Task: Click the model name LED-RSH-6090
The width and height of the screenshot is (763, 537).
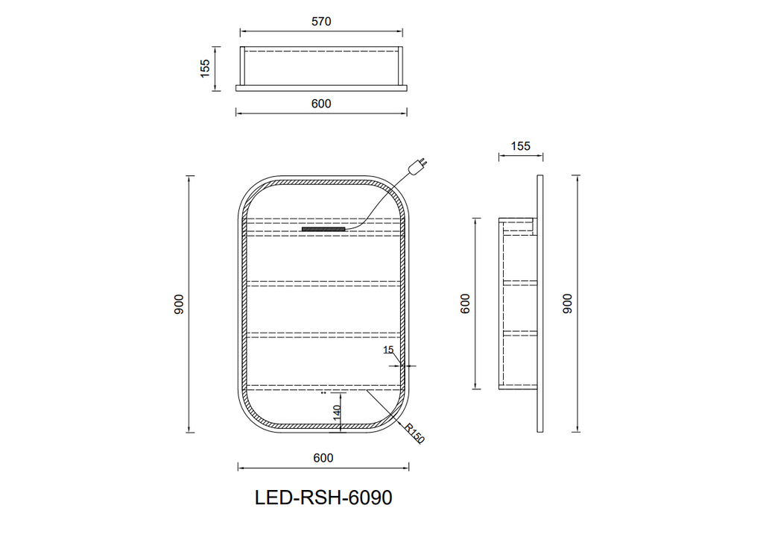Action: coord(323,497)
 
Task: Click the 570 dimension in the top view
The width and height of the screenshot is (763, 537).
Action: coord(321,22)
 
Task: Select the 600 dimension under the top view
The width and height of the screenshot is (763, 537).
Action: coord(321,104)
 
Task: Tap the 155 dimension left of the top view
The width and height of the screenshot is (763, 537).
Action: coord(205,69)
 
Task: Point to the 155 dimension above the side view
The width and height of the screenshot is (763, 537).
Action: coord(521,146)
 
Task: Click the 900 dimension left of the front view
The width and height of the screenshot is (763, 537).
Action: coord(179,304)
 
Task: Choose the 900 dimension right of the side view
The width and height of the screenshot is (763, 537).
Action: coord(568,304)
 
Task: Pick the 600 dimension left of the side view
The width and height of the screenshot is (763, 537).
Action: coord(466,304)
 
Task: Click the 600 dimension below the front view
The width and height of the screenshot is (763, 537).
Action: coord(323,458)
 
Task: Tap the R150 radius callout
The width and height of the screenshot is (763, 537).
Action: coord(414,433)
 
